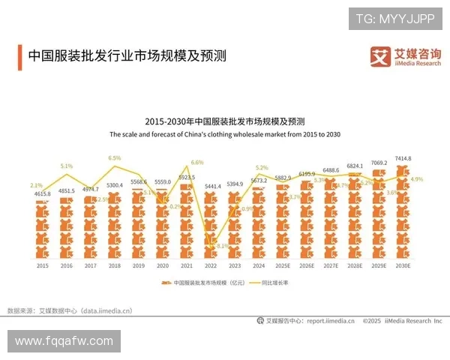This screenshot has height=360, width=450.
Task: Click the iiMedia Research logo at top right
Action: coord(406,56)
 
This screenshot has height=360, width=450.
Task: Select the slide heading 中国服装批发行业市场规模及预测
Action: coord(127,56)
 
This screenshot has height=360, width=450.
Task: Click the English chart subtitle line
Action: coord(225,134)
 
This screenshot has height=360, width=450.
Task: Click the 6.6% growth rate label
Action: coord(197,162)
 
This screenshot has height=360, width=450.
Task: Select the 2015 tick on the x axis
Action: coord(43,265)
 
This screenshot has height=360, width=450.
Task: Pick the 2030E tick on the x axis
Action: coord(403,265)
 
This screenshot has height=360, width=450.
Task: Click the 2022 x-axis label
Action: coord(211,265)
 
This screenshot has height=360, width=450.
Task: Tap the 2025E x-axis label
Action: coord(283,265)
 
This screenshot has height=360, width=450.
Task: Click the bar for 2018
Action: coord(115,225)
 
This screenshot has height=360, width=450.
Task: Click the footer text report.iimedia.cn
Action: coord(331,321)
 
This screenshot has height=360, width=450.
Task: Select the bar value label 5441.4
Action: coord(211,185)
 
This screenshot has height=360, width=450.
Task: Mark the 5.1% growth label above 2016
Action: coord(67,166)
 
